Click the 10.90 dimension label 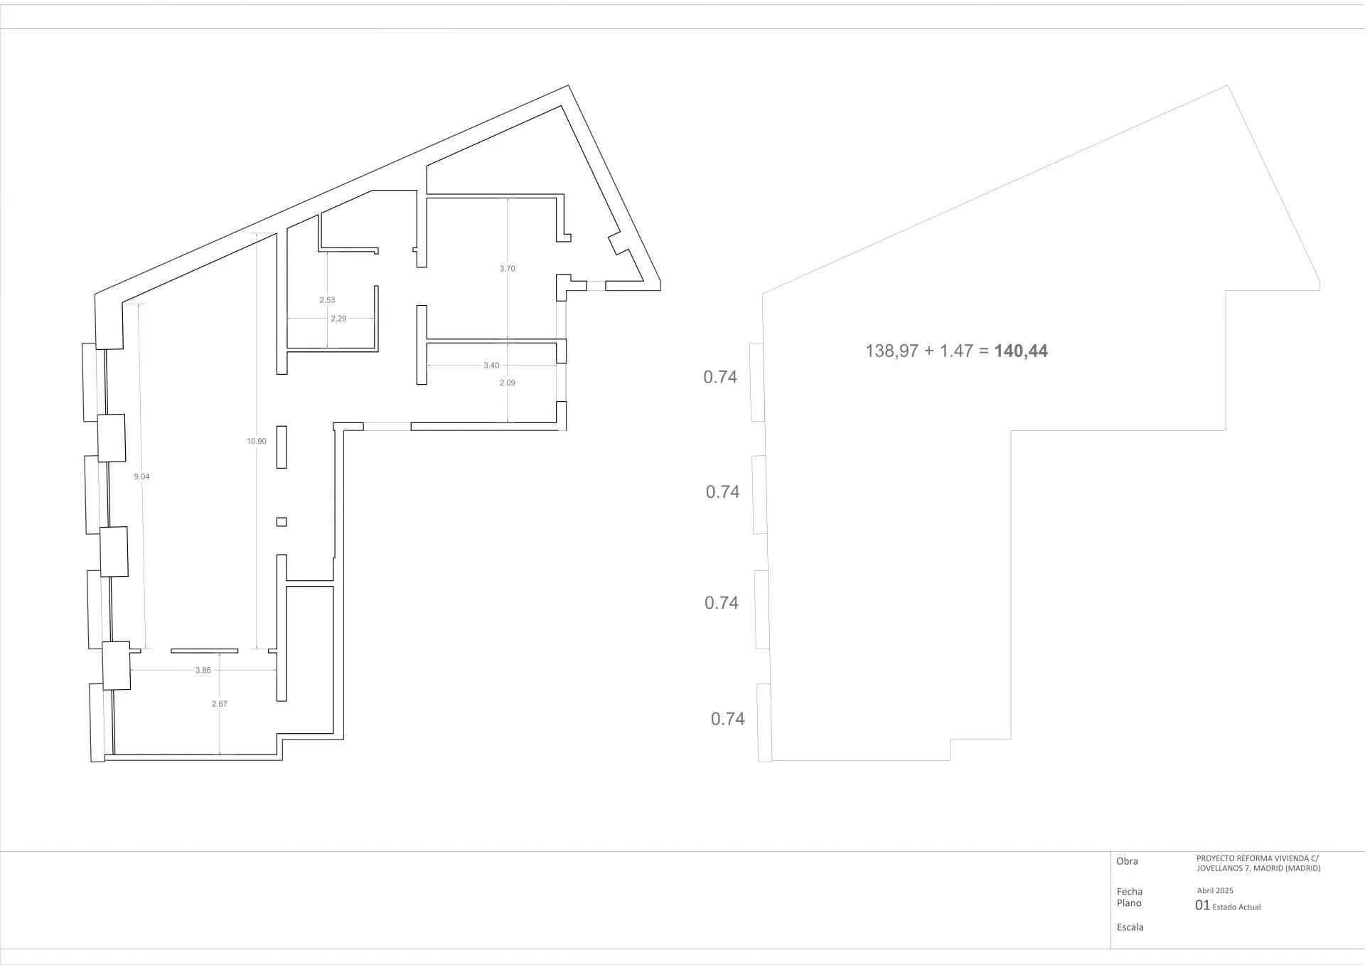pos(257,441)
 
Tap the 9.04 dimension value pos(141,476)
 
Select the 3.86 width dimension pos(203,670)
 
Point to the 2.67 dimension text pos(220,703)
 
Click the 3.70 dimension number pos(507,269)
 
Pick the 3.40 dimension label pos(491,366)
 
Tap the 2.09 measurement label pos(507,383)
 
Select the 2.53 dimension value pos(327,300)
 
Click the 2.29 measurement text pos(339,319)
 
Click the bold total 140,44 pos(1021,351)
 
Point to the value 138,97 pos(892,351)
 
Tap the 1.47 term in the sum pos(956,351)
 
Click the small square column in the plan pos(282,522)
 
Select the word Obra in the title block pos(1128,861)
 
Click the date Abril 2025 pos(1215,890)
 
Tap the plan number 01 pos(1202,905)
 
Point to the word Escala pos(1130,927)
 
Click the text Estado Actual pos(1236,907)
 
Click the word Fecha pos(1130,892)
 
